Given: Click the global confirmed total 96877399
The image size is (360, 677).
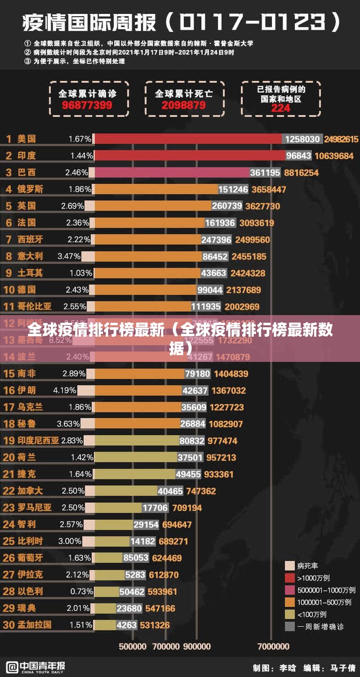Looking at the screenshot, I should tap(87, 106).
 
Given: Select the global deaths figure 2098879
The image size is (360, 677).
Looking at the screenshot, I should tap(184, 105).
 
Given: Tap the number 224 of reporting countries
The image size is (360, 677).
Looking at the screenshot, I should tap(281, 108).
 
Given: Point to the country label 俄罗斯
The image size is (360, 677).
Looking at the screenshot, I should tap(30, 189).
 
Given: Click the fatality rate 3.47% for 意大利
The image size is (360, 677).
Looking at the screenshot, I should tap(69, 256).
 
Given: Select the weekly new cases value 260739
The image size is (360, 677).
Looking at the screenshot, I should tap(227, 206).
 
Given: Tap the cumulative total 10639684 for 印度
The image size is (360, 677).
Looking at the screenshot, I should tap(334, 156).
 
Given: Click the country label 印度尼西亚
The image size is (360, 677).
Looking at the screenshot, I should tap(38, 441).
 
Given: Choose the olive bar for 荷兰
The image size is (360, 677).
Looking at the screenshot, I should tap(135, 457).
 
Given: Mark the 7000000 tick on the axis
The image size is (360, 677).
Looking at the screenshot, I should tap(273, 646).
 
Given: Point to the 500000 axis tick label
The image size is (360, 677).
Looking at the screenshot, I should tap(133, 646).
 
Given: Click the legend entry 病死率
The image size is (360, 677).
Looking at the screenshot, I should tap(307, 566).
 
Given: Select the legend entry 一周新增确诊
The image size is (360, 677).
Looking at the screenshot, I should tap(320, 626).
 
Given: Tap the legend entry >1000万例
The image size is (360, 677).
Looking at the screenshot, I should tap(313, 578).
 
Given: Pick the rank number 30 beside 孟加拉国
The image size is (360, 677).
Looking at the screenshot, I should tap(9, 625).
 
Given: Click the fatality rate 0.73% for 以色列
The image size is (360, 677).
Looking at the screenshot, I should tap(81, 591).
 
